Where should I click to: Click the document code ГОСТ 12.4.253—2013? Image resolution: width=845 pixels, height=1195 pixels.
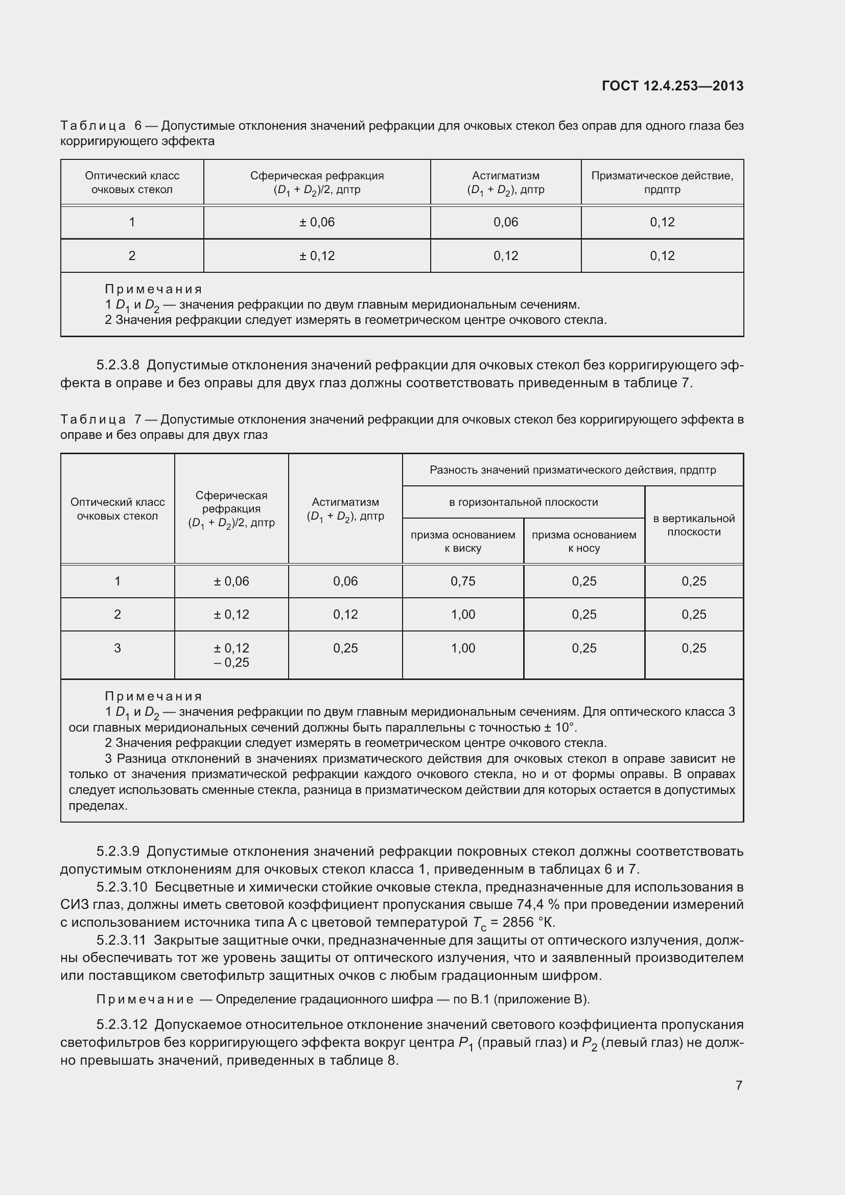pos(672,86)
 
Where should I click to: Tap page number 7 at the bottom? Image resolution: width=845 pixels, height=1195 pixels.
pos(739,1085)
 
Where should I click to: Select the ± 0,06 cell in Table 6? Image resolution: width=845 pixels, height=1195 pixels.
pos(317,222)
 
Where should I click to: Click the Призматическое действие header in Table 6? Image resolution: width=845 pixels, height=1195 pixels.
pos(662,182)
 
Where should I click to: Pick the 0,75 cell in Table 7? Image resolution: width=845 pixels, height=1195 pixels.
pos(462,581)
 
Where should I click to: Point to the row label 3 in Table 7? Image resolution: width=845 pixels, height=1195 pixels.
pos(118,648)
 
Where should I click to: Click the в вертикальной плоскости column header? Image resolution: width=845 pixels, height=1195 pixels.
pos(694,525)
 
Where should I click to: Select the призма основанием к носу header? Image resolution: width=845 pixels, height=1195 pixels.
pos(584,541)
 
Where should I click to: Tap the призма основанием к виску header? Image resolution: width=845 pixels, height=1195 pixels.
pos(462,541)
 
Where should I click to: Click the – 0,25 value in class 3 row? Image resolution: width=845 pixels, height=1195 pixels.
pos(231,663)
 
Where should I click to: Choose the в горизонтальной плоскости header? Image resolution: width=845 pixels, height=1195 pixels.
pos(523,502)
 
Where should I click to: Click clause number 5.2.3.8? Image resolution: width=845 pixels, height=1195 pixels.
pos(118,365)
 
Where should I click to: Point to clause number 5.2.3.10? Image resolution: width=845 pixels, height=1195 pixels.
pos(122,887)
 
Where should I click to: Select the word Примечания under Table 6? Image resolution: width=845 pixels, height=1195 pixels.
pos(153,289)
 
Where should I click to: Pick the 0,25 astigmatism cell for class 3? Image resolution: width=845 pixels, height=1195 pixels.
pos(345,648)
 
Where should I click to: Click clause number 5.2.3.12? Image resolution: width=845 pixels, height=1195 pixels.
pos(122,1025)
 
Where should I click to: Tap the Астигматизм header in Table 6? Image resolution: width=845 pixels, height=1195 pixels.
pos(505,176)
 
